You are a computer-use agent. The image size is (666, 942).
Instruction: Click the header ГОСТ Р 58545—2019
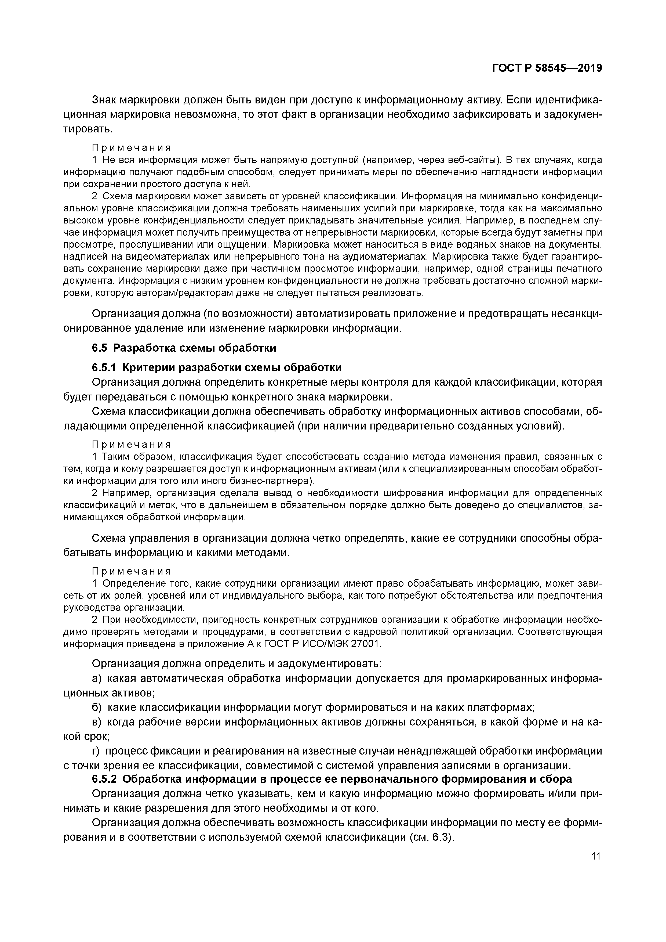pyautogui.click(x=547, y=68)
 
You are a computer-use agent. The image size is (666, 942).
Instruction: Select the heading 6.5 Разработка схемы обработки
pyautogui.click(x=184, y=348)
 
